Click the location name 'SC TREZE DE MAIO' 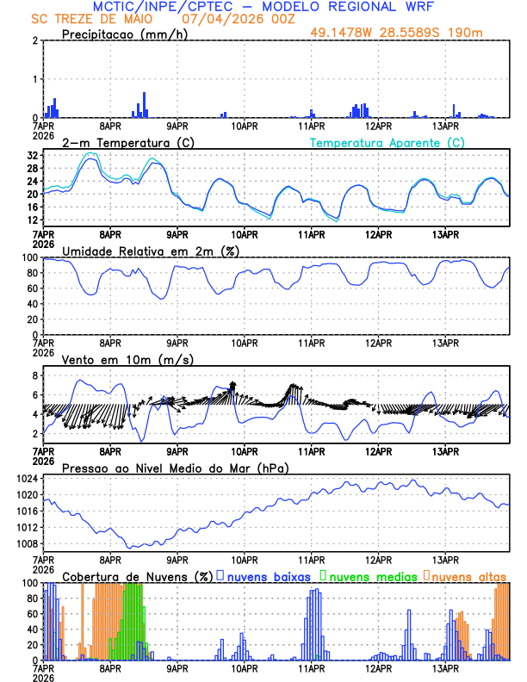coord(95,19)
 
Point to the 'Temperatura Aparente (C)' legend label coord(387,142)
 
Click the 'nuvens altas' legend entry coord(467,576)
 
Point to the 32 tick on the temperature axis coord(31,156)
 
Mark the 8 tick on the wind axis coord(34,376)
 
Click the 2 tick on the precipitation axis coord(34,41)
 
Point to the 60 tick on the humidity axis coord(31,288)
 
